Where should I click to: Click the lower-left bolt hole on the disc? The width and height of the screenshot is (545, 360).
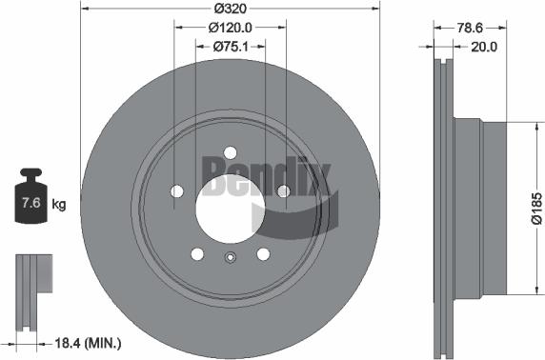pyautogui.click(x=196, y=253)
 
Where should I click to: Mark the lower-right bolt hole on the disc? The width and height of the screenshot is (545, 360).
pyautogui.click(x=263, y=253)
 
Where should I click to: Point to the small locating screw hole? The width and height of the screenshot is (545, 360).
pyautogui.click(x=230, y=257)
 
